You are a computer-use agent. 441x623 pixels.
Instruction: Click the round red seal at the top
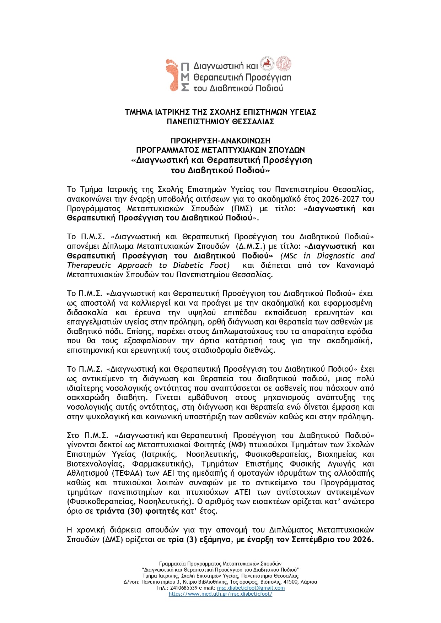pyautogui.click(x=284, y=63)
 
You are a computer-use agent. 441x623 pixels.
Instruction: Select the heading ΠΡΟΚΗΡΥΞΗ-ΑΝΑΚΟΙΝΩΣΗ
pyautogui.click(x=220, y=141)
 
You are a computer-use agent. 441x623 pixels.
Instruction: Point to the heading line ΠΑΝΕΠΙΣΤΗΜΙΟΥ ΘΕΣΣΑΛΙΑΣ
pyautogui.click(x=220, y=122)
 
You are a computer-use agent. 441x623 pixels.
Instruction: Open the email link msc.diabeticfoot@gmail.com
pyautogui.click(x=251, y=588)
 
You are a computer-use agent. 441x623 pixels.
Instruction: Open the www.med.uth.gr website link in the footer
pyautogui.click(x=220, y=594)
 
